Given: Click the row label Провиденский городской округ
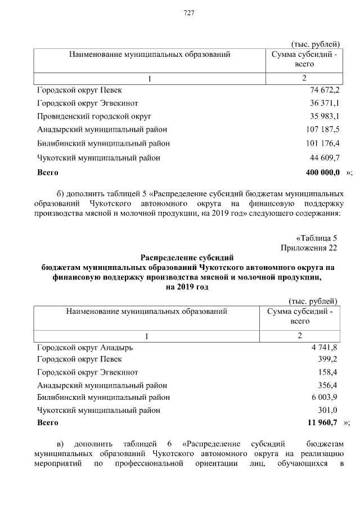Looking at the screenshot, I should click(94, 117).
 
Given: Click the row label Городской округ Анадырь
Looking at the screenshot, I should click(85, 348).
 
